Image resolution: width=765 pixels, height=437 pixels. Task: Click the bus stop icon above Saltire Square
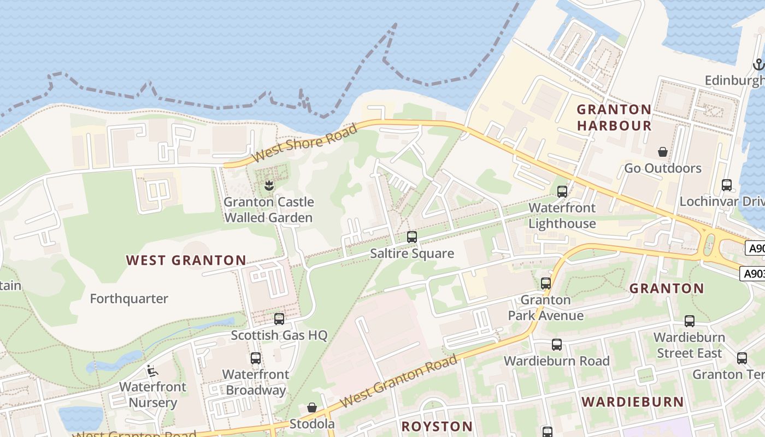pos(412,237)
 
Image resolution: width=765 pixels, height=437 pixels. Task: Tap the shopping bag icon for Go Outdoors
pos(663,151)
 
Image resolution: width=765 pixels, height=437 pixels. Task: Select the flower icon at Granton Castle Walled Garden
pos(268,186)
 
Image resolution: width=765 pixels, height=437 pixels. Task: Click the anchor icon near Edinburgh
pos(758,64)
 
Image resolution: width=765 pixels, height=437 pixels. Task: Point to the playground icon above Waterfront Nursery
pos(152,371)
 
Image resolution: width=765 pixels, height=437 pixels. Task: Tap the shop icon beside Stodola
pos(311,408)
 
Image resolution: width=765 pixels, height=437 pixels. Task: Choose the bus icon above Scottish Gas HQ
pos(279,318)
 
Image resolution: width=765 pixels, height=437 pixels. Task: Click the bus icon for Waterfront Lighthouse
pos(562,192)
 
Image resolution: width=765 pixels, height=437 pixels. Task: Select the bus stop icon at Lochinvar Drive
pos(726,185)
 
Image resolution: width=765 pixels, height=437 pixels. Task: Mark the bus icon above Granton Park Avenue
pos(545,284)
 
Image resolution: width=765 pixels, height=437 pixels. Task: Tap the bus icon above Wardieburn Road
pos(556,345)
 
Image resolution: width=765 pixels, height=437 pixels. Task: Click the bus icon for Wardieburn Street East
pos(690,321)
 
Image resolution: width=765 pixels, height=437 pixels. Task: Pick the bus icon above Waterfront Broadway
pos(256,358)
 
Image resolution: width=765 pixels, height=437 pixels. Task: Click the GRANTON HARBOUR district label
pos(614,117)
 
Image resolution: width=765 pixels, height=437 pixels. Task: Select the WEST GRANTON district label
pos(186,260)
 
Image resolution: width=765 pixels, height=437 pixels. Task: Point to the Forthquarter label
pos(129,299)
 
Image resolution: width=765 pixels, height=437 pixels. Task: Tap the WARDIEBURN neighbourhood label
pos(633,402)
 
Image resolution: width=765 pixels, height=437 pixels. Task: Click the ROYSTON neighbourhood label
pos(437,426)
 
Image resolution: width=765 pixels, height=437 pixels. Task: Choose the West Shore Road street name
pos(305,143)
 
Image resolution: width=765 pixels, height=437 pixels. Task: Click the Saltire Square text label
pos(412,253)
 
